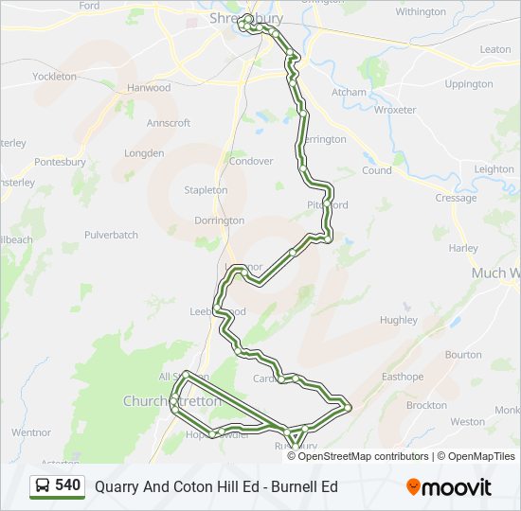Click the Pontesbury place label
click(x=61, y=162)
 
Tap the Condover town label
click(x=251, y=161)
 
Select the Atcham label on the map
click(x=349, y=93)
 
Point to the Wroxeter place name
click(x=395, y=110)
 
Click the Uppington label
click(x=469, y=84)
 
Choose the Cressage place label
click(x=456, y=199)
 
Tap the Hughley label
click(x=398, y=320)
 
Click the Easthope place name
click(x=403, y=377)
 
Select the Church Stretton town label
click(x=171, y=401)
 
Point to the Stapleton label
click(x=206, y=190)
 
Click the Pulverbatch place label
click(x=111, y=235)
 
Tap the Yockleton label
click(x=54, y=77)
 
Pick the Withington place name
click(x=421, y=12)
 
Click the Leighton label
click(x=494, y=169)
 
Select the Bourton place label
click(x=463, y=355)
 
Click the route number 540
click(x=68, y=486)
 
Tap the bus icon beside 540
click(x=43, y=486)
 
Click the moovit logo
click(x=448, y=487)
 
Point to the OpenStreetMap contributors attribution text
click(x=361, y=456)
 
